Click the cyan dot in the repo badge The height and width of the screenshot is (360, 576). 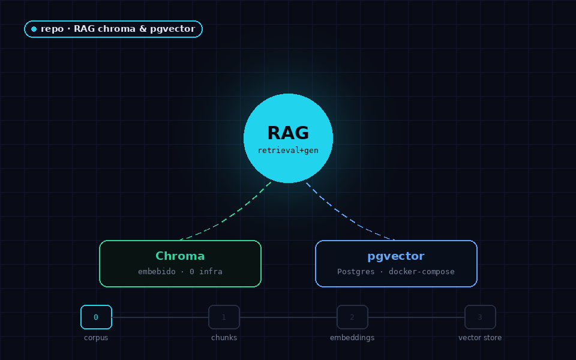(x=34, y=29)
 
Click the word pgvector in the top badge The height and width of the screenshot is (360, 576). (x=172, y=29)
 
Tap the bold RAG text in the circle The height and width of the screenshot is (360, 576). (x=289, y=133)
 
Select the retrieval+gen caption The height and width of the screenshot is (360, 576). (x=288, y=150)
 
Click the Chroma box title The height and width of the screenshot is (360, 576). (x=180, y=256)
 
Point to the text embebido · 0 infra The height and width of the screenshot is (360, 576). (x=180, y=271)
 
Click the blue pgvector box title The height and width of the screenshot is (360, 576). (x=396, y=256)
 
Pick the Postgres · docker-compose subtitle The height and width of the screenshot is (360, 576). (x=396, y=271)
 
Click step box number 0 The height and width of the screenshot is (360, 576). (x=96, y=317)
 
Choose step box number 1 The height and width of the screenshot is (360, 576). (x=224, y=317)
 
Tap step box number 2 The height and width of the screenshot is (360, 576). (x=352, y=317)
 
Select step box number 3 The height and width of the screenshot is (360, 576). (x=480, y=317)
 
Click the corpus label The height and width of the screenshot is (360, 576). (x=96, y=338)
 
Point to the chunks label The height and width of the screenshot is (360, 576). (x=224, y=338)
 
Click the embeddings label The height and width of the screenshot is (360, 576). (x=352, y=338)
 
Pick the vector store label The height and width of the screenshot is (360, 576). (x=480, y=338)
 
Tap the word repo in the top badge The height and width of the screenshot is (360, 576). (x=52, y=29)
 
